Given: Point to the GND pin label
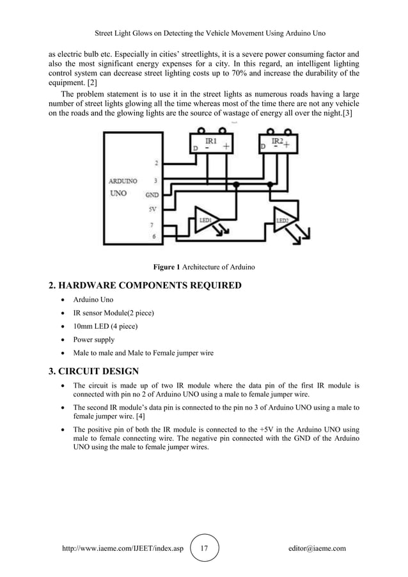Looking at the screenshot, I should coord(153,194).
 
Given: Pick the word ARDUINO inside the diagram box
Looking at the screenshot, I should coord(122,181).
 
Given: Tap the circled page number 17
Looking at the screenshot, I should coord(204,548).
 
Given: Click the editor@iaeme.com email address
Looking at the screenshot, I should coord(317,548).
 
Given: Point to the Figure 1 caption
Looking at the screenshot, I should coord(203,266).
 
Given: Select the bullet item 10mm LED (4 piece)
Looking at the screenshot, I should coord(106,326).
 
